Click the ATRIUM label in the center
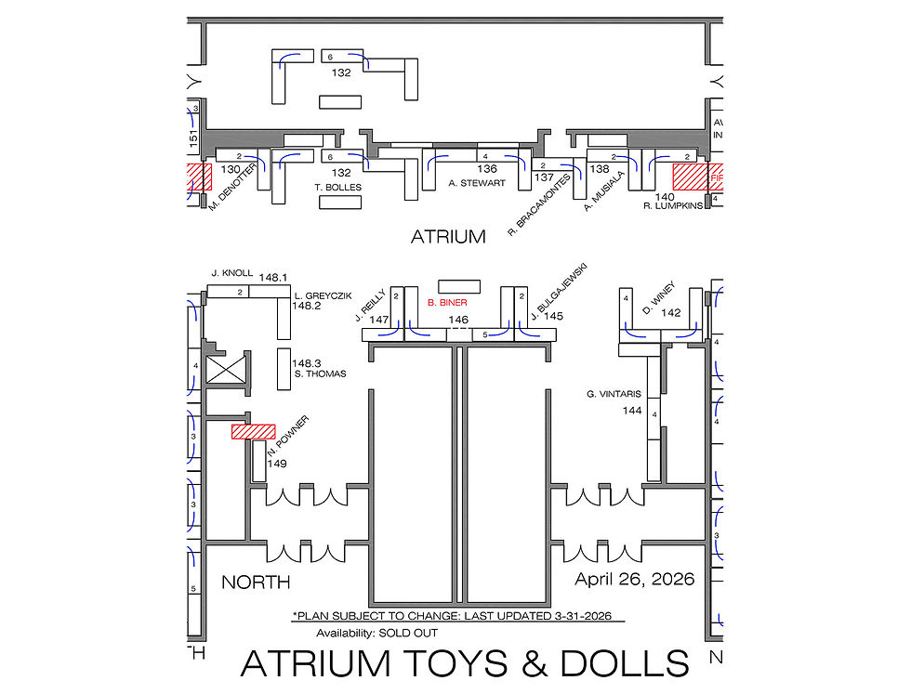(448, 237)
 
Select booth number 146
(458, 320)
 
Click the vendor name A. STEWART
(477, 184)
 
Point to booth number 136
(486, 170)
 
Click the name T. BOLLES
(338, 187)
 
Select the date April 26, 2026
(634, 580)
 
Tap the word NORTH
(256, 583)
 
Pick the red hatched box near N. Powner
(254, 432)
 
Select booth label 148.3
(307, 363)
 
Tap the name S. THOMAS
(320, 374)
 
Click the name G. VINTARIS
(614, 394)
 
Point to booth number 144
(632, 410)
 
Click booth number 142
(671, 314)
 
